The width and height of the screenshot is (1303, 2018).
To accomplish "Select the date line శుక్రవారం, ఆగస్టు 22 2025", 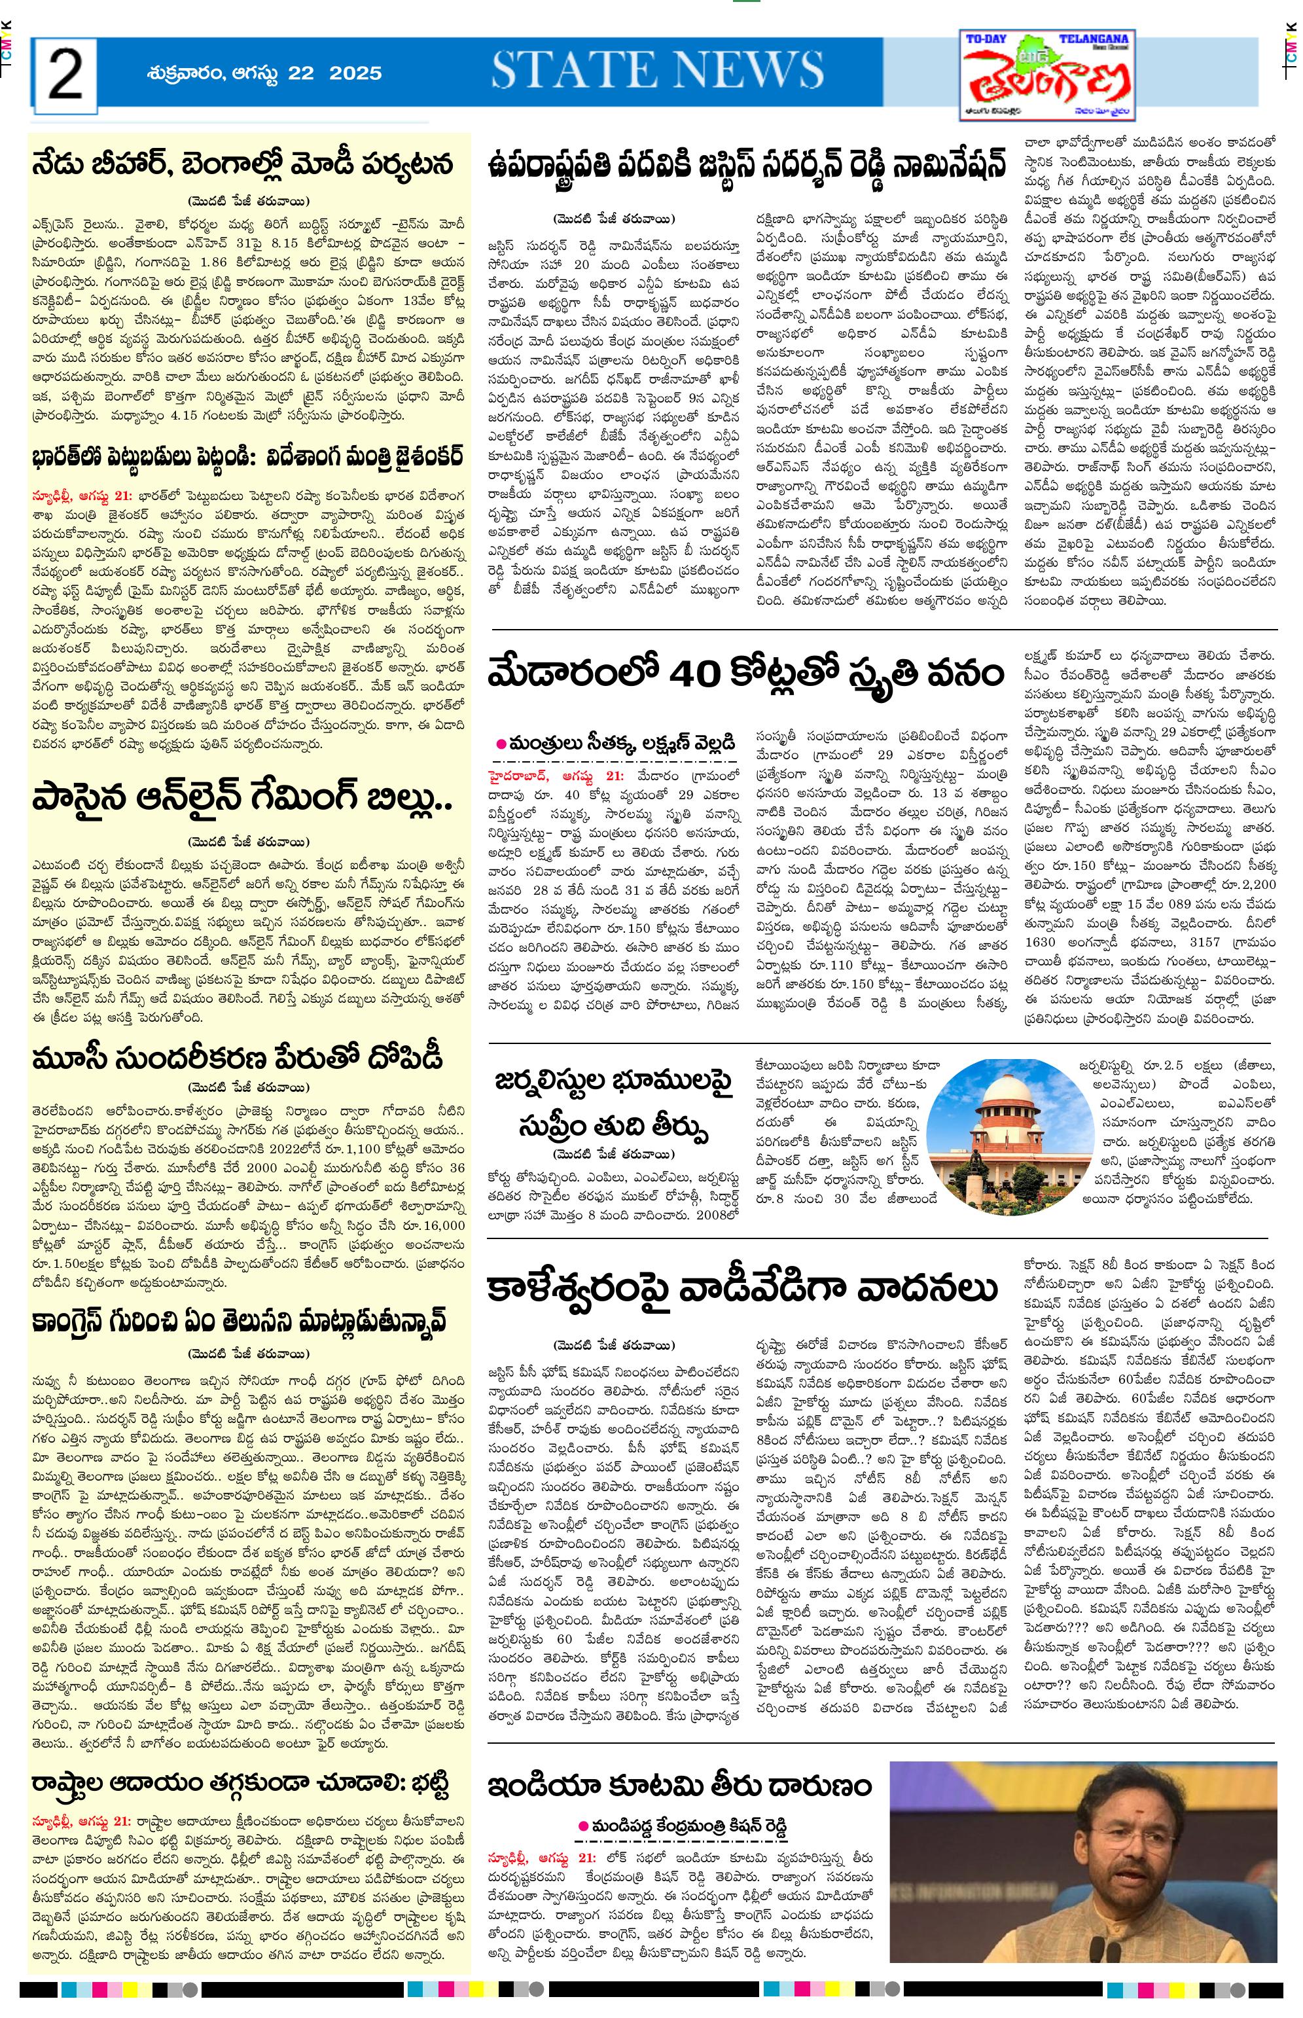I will tap(252, 73).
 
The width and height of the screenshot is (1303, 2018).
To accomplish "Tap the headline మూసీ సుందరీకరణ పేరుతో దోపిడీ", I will tap(240, 1058).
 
